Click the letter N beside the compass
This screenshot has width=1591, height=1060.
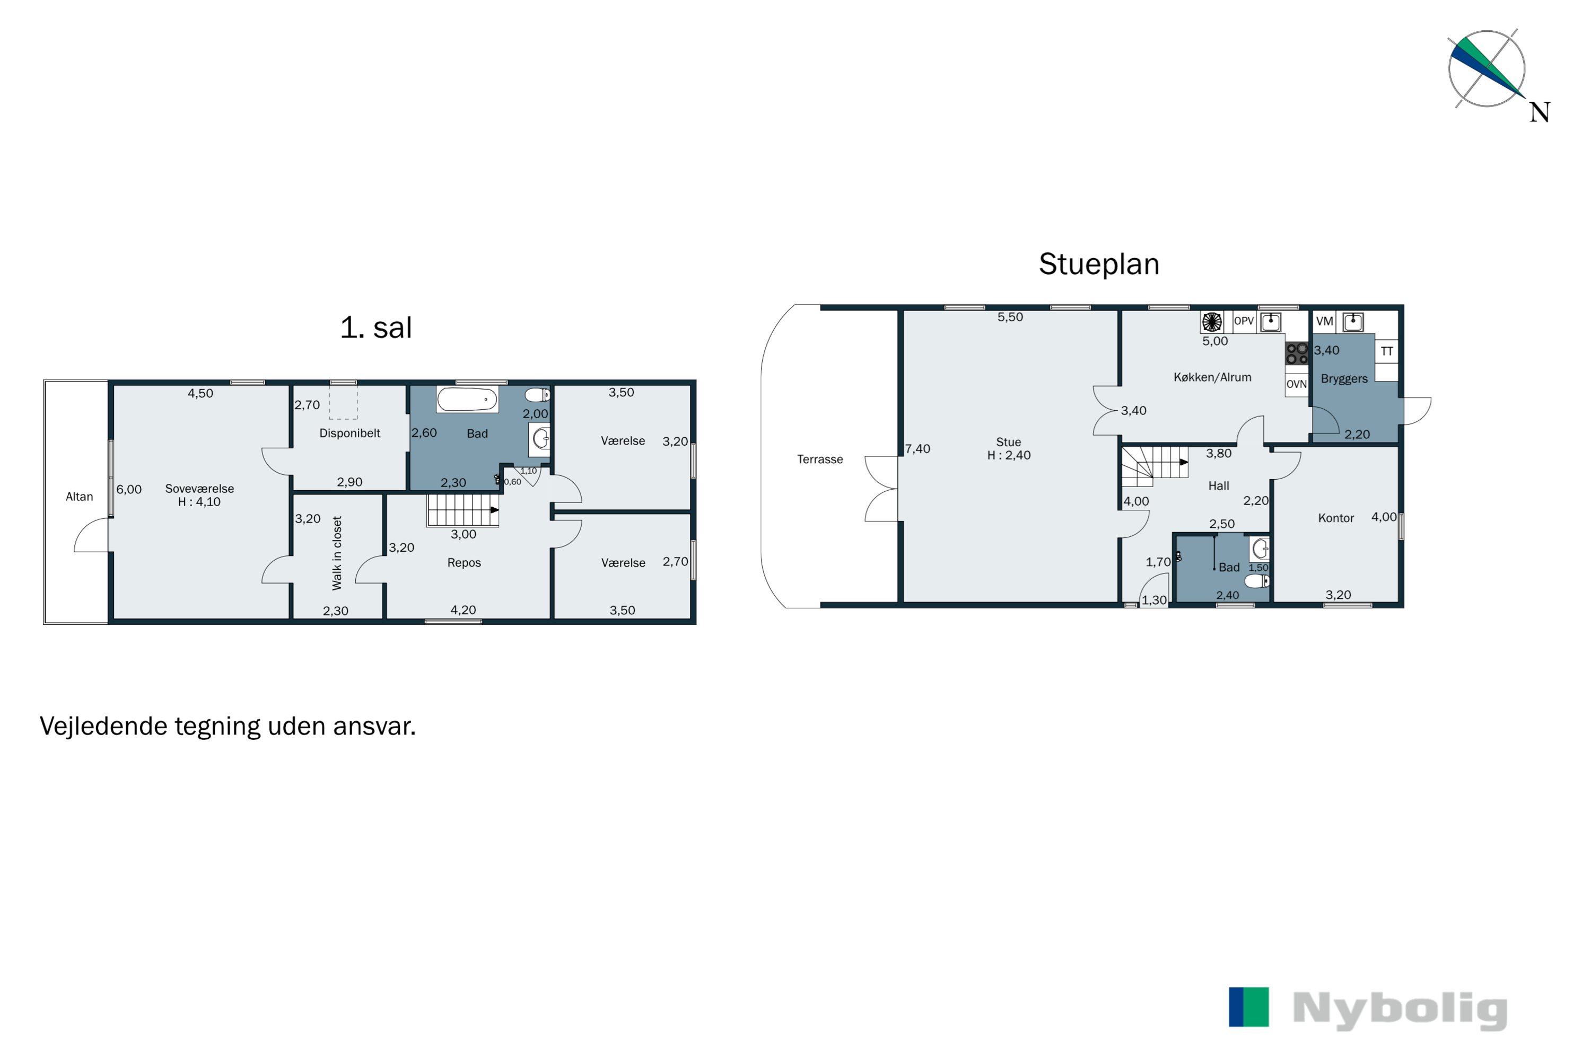[1540, 112]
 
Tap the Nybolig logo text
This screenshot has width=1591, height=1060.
[1400, 1010]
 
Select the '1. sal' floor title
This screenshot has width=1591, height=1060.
[376, 328]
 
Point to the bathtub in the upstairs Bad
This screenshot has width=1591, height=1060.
[467, 399]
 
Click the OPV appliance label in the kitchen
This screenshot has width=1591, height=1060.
[1243, 321]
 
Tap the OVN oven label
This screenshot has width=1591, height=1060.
[1296, 384]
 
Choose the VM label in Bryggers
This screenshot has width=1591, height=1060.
[1324, 321]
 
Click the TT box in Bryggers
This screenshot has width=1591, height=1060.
[1387, 351]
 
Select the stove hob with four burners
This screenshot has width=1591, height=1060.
[1297, 354]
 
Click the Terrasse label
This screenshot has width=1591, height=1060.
[820, 459]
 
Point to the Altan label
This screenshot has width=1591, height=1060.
[79, 497]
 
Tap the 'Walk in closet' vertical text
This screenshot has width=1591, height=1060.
[337, 553]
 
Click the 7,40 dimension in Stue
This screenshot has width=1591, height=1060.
[918, 449]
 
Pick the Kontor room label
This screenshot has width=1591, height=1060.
[1336, 518]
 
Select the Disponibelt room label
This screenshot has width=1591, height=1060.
[349, 434]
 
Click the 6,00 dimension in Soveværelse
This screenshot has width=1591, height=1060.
[129, 489]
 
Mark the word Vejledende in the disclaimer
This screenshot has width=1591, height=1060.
[103, 726]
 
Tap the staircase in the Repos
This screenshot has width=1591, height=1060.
[462, 510]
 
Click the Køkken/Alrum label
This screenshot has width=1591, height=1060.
[1212, 377]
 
